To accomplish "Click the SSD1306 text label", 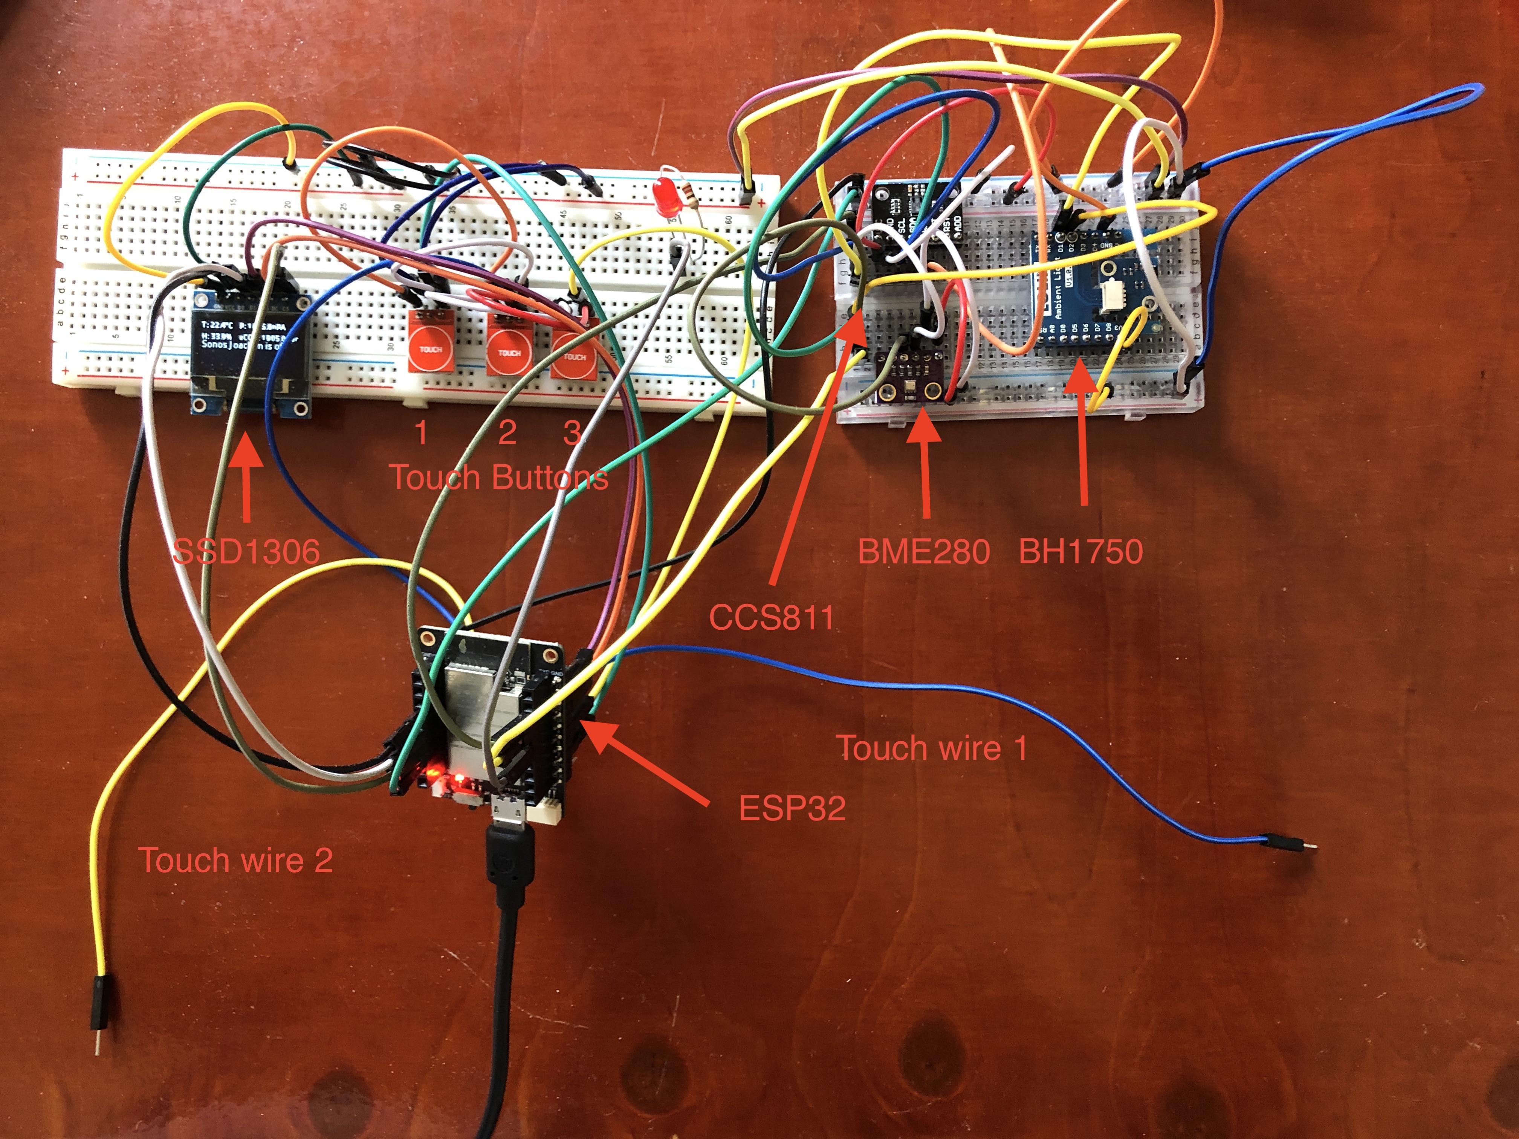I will (x=246, y=551).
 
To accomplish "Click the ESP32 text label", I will (x=792, y=808).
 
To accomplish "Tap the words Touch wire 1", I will (x=932, y=748).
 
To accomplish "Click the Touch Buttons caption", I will (x=499, y=477).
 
